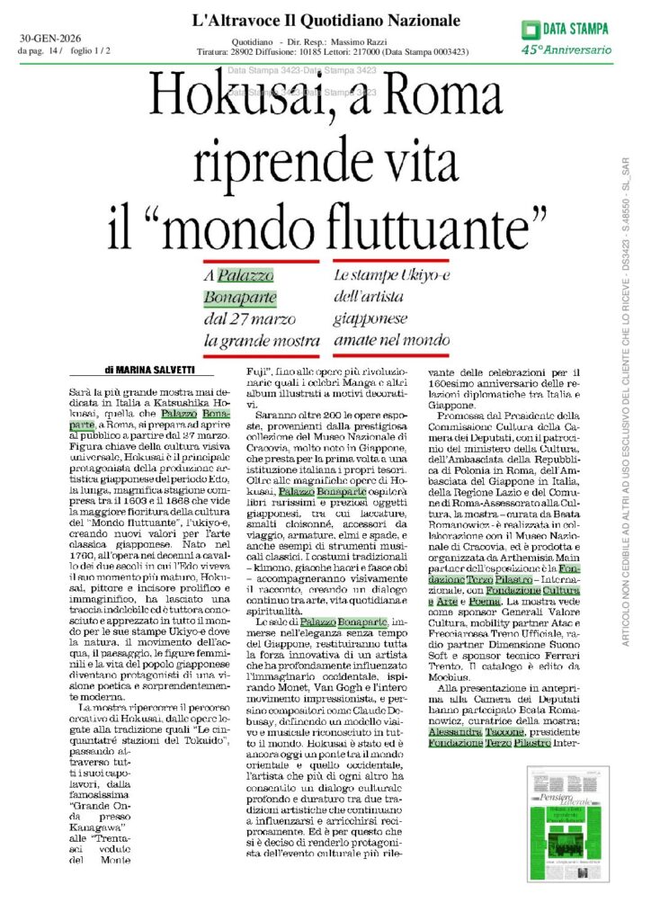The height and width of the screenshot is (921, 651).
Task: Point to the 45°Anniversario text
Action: click(566, 49)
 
